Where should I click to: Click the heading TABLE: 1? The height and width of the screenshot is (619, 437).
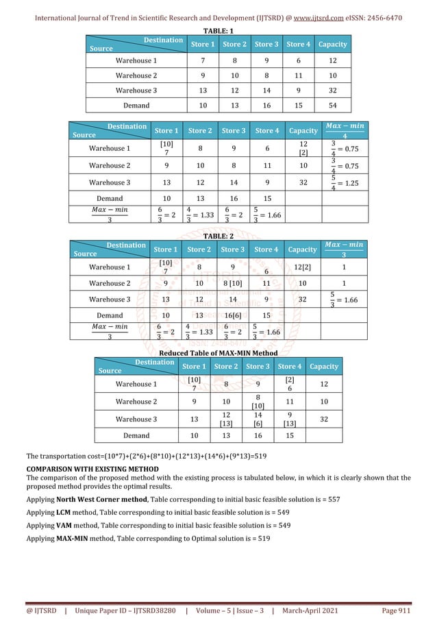coord(218,32)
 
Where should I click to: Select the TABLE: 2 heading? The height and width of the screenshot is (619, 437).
coord(218,234)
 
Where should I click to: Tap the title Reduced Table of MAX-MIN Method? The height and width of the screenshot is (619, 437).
coord(218,352)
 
